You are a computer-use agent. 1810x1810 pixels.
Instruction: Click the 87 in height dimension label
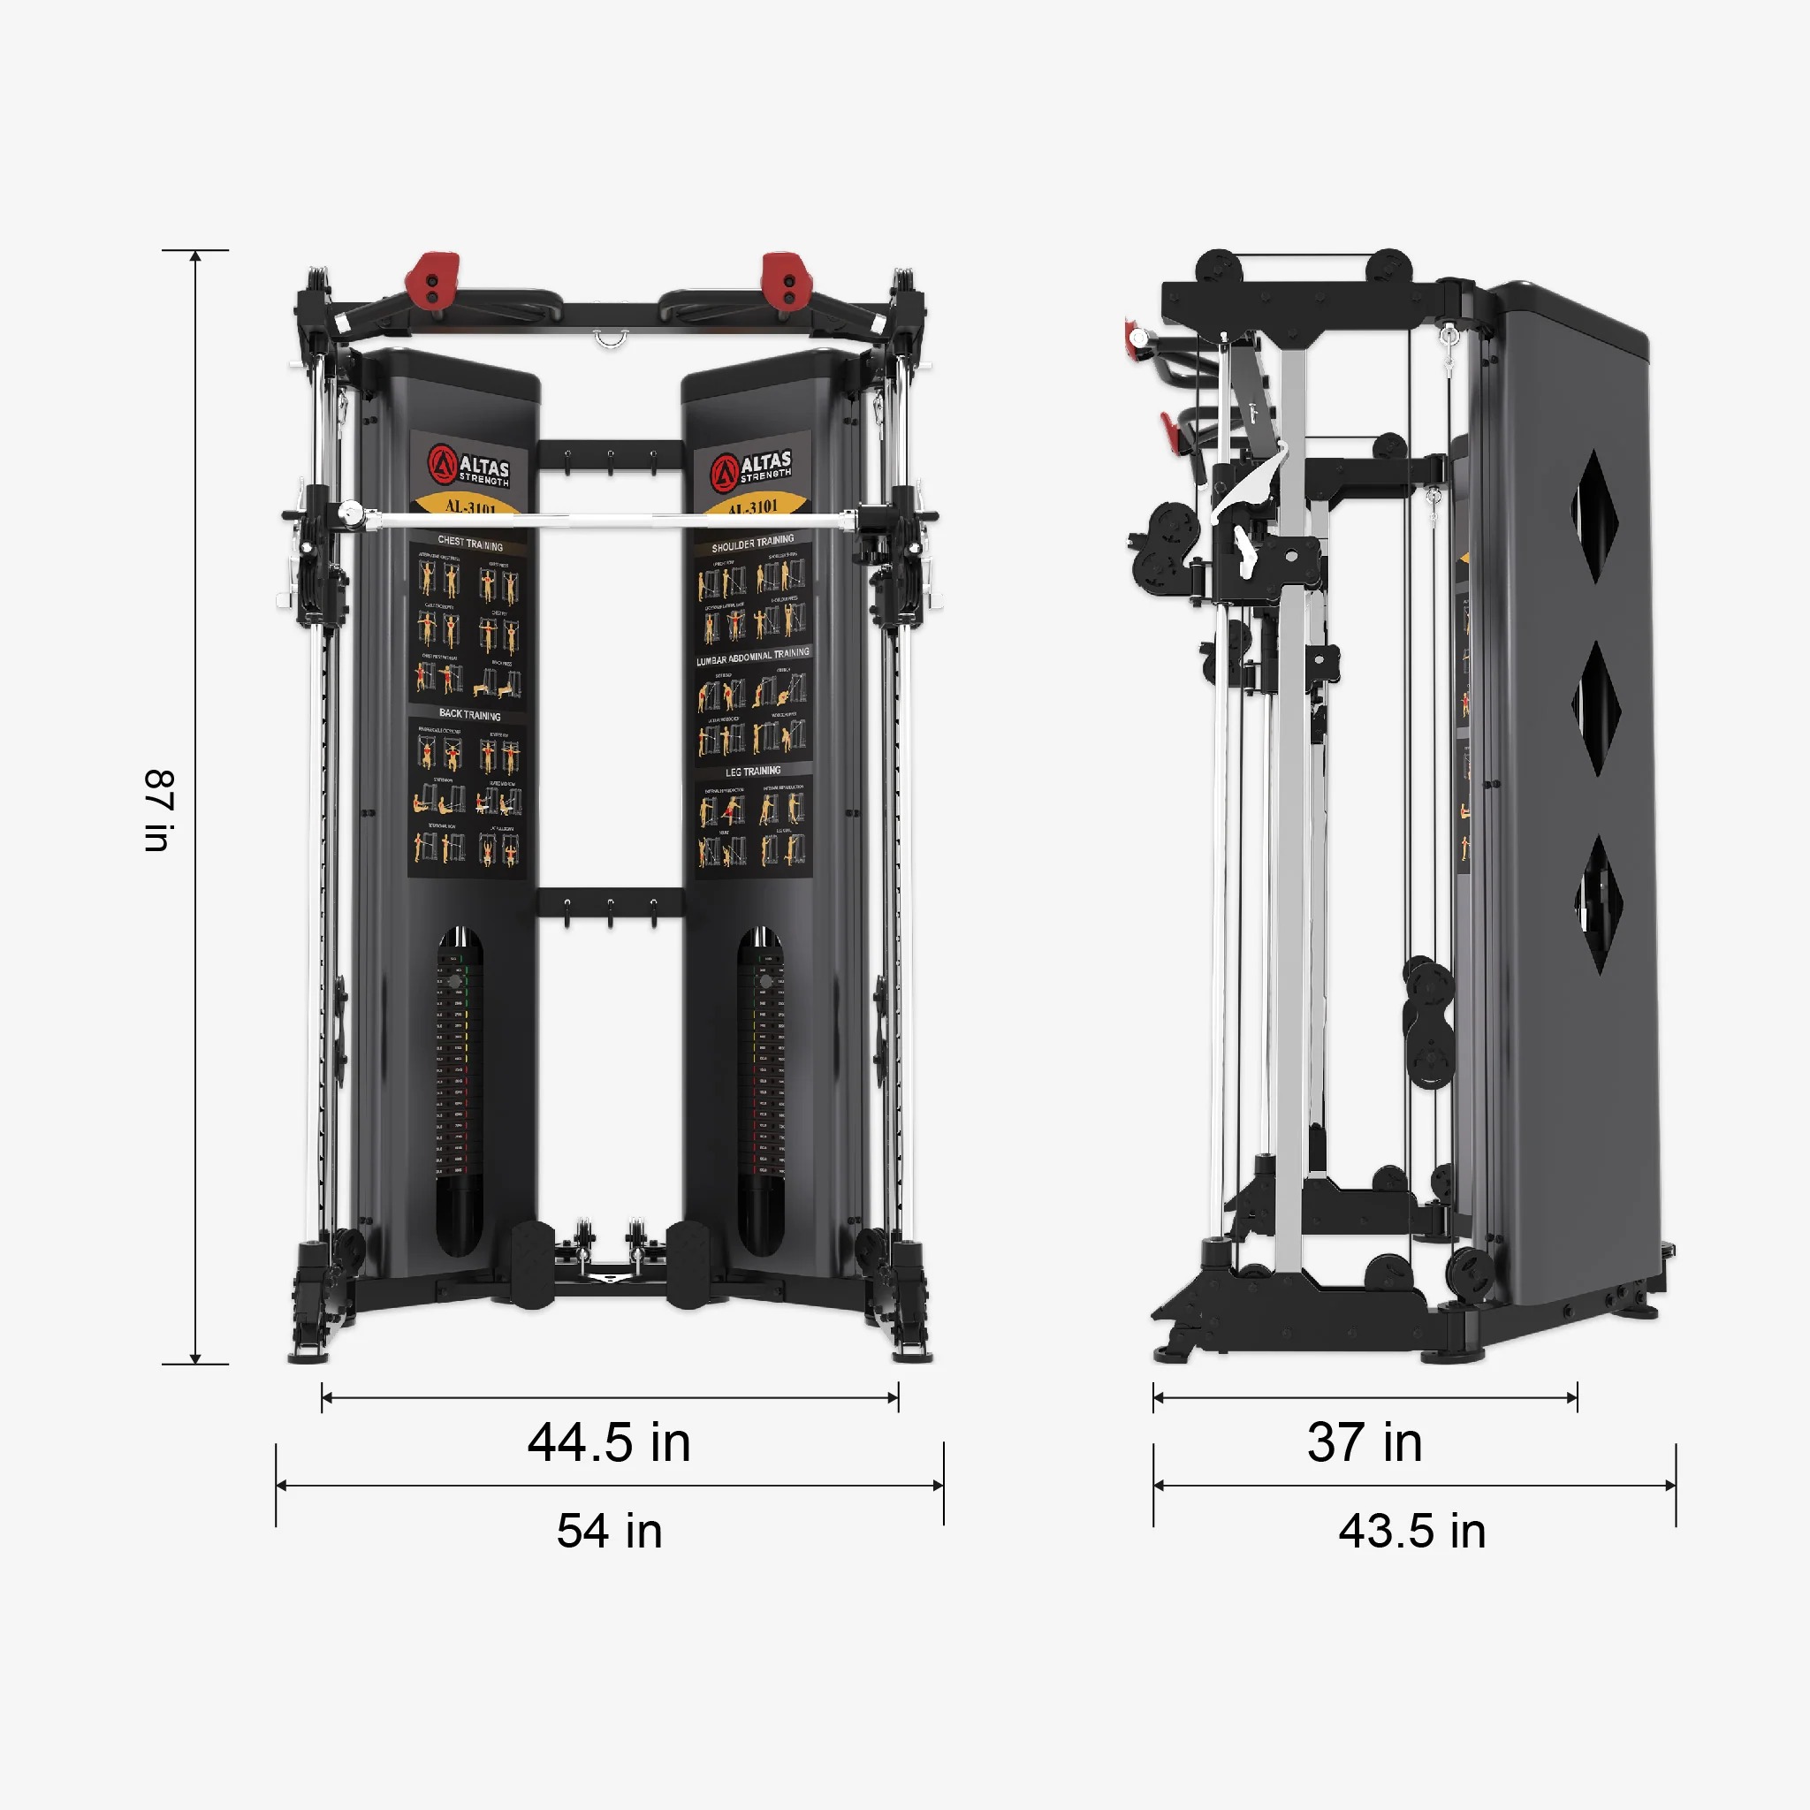click(159, 810)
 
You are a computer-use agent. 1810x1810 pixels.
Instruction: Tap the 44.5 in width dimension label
click(609, 1442)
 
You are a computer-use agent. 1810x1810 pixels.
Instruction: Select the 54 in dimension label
click(609, 1532)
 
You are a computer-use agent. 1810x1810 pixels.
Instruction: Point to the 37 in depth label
click(1365, 1442)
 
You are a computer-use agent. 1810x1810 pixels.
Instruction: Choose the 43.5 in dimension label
click(1411, 1532)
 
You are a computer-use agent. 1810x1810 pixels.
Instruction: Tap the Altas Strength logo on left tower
click(469, 466)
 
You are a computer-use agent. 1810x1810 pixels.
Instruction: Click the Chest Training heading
click(469, 544)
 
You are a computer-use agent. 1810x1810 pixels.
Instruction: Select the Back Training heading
click(469, 715)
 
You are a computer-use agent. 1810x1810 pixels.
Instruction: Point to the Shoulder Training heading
click(752, 544)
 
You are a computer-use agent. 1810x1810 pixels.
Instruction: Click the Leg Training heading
click(752, 771)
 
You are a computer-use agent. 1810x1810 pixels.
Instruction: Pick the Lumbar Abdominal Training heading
click(752, 657)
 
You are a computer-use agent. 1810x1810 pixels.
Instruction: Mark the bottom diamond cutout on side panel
click(1598, 903)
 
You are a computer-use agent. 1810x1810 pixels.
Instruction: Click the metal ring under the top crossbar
click(610, 338)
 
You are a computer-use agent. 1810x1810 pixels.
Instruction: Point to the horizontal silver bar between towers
click(609, 515)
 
